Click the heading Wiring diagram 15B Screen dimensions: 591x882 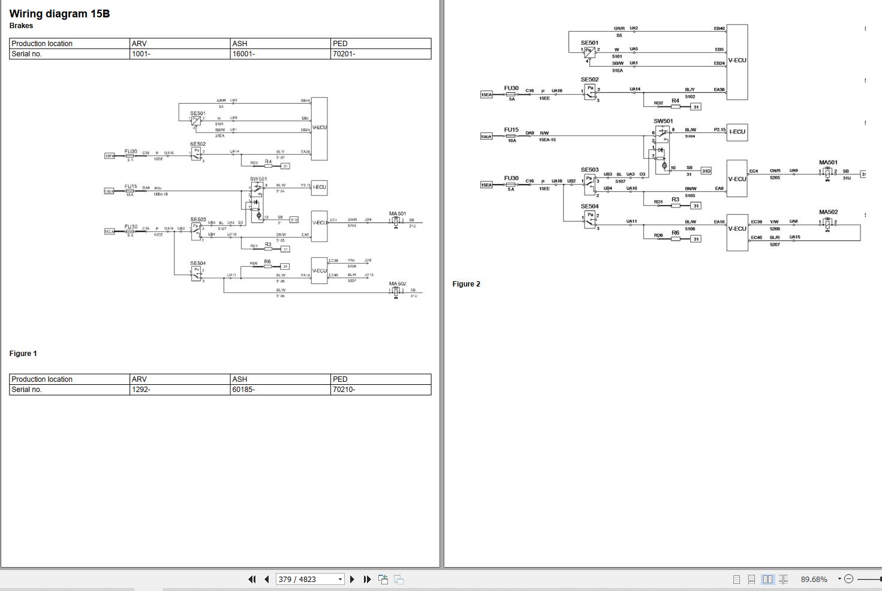(59, 14)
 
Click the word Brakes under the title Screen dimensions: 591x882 (21, 26)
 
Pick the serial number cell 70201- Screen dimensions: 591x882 (343, 54)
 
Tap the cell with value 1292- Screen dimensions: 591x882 (141, 390)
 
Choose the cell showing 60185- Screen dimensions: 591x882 (243, 390)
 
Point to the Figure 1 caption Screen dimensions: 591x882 (23, 354)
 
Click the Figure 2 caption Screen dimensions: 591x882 (466, 284)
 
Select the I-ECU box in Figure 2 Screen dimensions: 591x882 (737, 132)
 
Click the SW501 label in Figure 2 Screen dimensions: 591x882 (663, 121)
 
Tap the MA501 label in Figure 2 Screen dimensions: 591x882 (828, 162)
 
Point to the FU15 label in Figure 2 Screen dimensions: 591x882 (511, 129)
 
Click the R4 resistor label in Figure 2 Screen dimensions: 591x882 (675, 101)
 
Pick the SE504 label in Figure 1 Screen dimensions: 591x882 (197, 263)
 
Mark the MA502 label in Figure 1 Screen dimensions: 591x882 (397, 284)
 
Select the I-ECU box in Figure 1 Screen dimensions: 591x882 (319, 187)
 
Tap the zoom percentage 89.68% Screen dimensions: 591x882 (814, 579)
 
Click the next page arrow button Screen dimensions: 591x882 (352, 579)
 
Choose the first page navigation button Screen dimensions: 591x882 (252, 579)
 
